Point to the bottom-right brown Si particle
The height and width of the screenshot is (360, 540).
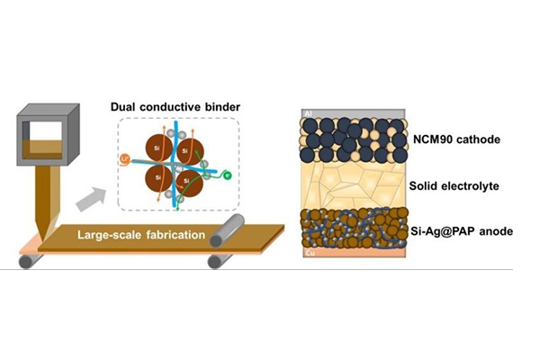pyautogui.click(x=187, y=180)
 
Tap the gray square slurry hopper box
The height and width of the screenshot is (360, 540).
pyautogui.click(x=41, y=139)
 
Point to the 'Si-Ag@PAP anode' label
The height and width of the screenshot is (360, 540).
pyautogui.click(x=459, y=231)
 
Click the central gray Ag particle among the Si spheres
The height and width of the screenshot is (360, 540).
pyautogui.click(x=170, y=164)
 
